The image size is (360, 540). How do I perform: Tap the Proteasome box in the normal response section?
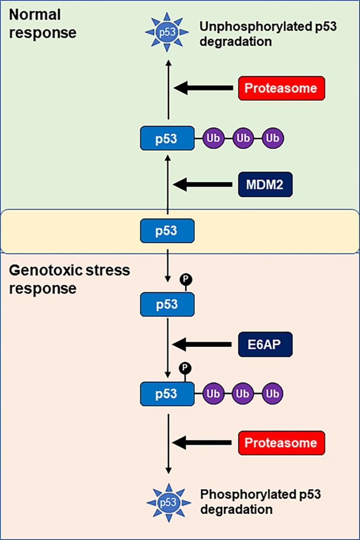pyautogui.click(x=282, y=88)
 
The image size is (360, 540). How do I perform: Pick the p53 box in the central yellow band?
pyautogui.click(x=167, y=230)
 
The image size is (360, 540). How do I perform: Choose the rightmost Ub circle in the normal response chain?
pyautogui.click(x=273, y=138)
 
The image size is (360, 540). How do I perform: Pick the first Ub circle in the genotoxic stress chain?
pyautogui.click(x=213, y=394)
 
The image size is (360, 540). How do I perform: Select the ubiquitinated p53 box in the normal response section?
pyautogui.click(x=167, y=138)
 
